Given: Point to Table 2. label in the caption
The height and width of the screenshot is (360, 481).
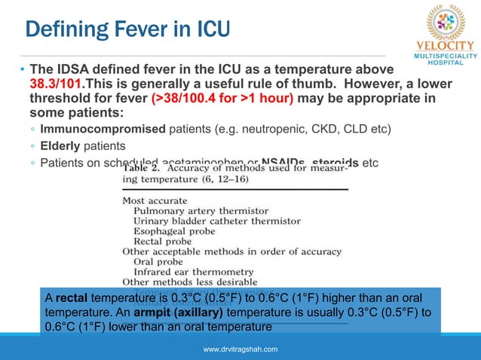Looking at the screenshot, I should point(145,169).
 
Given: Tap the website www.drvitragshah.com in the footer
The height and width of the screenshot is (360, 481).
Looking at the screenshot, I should point(240,349).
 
